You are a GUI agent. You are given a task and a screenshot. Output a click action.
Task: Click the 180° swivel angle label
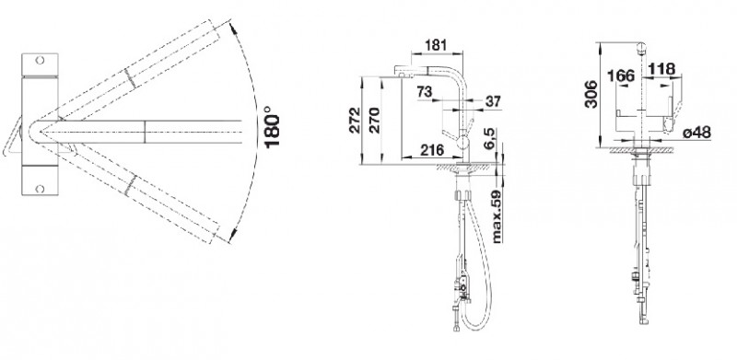point(272,126)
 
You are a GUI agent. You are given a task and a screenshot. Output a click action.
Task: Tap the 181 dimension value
point(436,45)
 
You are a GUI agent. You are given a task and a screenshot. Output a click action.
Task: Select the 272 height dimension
point(355,121)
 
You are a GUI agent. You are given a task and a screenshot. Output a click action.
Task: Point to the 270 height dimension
point(374,121)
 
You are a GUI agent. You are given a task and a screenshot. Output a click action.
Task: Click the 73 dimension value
point(424,91)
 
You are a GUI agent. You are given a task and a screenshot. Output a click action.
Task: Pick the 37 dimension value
point(493,101)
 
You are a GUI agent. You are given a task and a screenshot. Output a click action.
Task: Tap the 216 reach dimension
point(431,150)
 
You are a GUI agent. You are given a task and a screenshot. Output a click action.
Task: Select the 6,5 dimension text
point(489,140)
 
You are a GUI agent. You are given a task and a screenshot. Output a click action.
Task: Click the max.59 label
point(496,216)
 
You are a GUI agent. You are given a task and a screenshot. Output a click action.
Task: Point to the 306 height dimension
point(591,94)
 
